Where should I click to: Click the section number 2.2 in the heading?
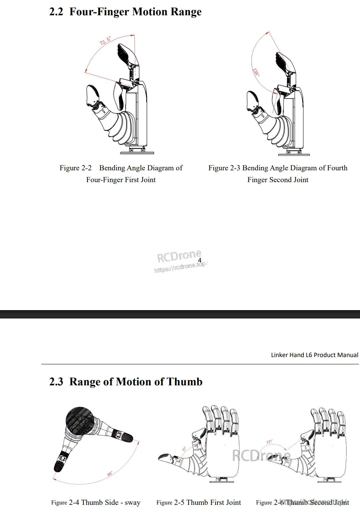point(56,12)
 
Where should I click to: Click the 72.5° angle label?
point(105,40)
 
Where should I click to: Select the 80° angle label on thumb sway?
point(110,474)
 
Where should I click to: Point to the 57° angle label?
point(184,449)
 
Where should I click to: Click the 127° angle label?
point(269,442)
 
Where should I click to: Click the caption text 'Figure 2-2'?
point(76,168)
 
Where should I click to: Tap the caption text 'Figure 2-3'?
point(224,168)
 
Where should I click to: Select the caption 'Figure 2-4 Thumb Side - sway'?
point(96,503)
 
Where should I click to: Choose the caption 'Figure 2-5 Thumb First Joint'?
point(198,503)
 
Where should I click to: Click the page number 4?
point(199,260)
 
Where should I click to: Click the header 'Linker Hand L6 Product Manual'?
point(314,355)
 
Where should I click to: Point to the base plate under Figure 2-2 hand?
point(137,153)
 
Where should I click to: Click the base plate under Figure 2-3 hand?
point(294,155)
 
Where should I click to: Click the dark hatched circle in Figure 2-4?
point(79,421)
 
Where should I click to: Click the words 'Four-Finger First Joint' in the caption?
point(121,180)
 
